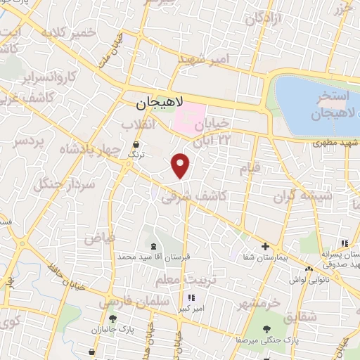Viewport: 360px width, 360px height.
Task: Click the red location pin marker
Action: pyautogui.click(x=181, y=164)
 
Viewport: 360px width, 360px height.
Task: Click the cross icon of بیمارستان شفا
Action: pyautogui.click(x=265, y=246)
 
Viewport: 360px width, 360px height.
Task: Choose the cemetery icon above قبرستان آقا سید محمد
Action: pyautogui.click(x=154, y=245)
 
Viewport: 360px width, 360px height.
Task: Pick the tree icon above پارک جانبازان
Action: pyautogui.click(x=112, y=319)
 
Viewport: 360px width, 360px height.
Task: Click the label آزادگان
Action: pyautogui.click(x=266, y=18)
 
